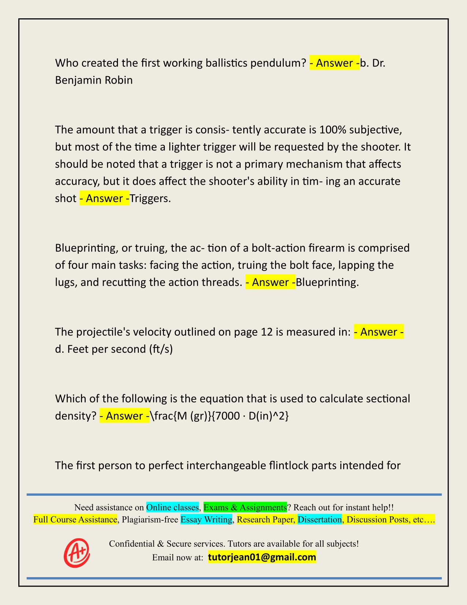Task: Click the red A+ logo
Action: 77,553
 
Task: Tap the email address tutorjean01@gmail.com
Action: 262,557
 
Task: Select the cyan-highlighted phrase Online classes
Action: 172,507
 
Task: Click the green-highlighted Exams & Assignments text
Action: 245,507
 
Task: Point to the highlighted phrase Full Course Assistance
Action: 75,520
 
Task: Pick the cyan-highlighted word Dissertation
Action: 319,520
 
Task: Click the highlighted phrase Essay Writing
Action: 207,520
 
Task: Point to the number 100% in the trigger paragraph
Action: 332,130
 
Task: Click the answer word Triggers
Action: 150,199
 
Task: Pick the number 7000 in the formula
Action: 227,416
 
